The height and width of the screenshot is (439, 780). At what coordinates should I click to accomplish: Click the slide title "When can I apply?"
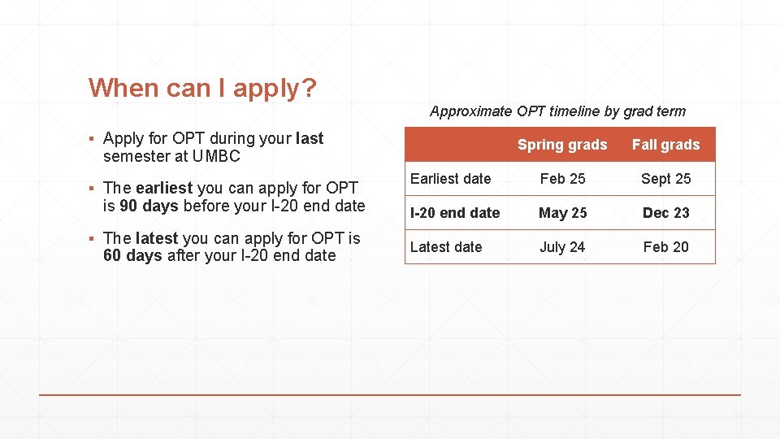(202, 88)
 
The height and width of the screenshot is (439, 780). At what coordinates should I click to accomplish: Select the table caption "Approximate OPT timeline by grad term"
(557, 111)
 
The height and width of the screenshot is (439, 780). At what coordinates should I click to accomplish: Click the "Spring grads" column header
(562, 145)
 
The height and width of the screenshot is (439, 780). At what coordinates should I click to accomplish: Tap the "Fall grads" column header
(665, 145)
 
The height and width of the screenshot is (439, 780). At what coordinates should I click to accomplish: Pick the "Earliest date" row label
(451, 178)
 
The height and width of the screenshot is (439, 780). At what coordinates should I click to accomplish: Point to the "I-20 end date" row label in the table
(455, 213)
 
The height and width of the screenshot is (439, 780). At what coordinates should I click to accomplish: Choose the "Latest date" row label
(446, 247)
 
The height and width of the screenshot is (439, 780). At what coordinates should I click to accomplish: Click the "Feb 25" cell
(562, 179)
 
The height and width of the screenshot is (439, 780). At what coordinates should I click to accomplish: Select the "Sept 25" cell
(665, 179)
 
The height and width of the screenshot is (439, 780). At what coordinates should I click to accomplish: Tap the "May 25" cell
(562, 213)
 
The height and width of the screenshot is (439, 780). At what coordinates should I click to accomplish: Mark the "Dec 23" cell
(665, 213)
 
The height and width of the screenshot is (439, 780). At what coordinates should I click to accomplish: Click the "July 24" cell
(562, 247)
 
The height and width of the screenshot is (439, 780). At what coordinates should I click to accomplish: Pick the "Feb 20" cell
(665, 247)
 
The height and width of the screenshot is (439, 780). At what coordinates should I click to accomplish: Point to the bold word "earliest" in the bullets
(164, 189)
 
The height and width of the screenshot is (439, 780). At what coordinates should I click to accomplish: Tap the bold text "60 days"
(133, 255)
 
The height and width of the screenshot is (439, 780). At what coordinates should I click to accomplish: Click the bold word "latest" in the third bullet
(157, 238)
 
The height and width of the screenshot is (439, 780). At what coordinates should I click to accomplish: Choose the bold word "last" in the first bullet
(310, 138)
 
